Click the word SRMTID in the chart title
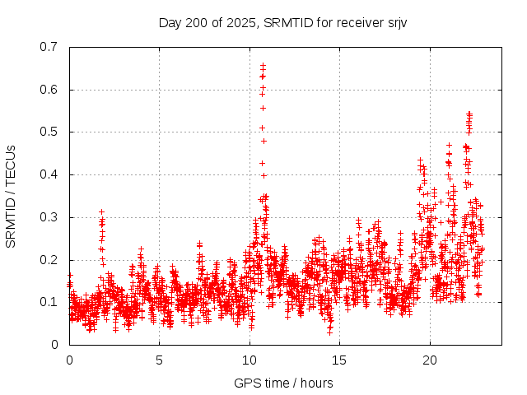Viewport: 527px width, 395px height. click(x=285, y=22)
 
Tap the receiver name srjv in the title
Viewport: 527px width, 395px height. click(x=395, y=22)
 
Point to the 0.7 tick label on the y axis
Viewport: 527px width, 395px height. click(x=49, y=47)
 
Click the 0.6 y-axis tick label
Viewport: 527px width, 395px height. click(x=49, y=90)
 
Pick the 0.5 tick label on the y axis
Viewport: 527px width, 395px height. click(x=49, y=132)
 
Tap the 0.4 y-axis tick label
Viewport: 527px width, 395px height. click(x=49, y=174)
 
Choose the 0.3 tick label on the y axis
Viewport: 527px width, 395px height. click(x=49, y=217)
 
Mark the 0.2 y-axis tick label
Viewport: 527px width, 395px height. click(x=49, y=259)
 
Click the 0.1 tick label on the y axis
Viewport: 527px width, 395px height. click(x=49, y=302)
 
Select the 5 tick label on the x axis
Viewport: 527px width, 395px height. click(x=160, y=360)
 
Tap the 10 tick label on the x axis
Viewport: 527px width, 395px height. click(x=250, y=360)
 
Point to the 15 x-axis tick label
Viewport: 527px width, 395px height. click(x=340, y=360)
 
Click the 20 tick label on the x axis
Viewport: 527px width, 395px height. click(x=430, y=360)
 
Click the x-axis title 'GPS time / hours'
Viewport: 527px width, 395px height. click(x=283, y=383)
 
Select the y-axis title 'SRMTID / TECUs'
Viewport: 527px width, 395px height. click(x=12, y=196)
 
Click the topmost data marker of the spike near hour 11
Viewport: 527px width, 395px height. click(x=263, y=65)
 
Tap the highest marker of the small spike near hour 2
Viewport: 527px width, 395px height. click(x=101, y=211)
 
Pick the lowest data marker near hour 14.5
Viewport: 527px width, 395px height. click(x=330, y=332)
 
